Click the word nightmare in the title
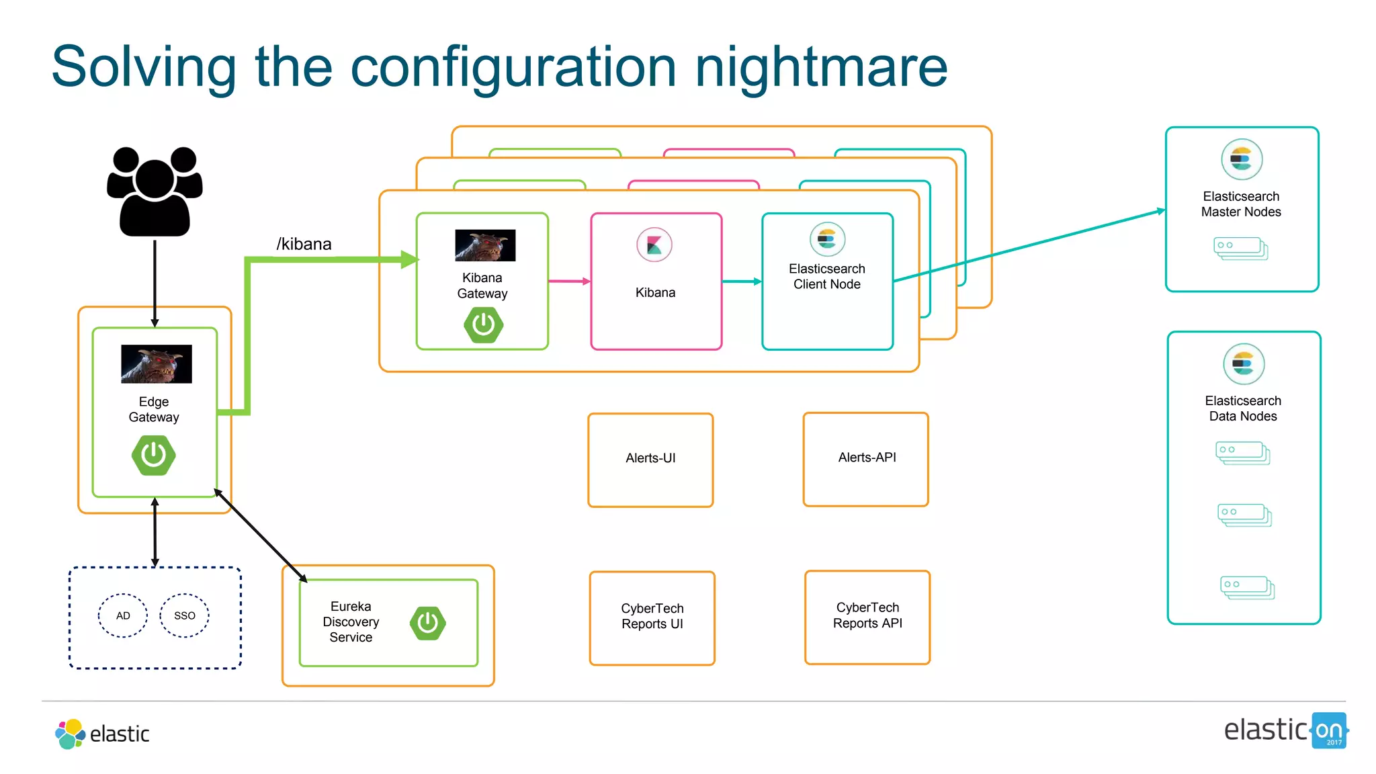click(820, 67)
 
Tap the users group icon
click(155, 191)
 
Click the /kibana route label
click(304, 244)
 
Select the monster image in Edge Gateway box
click(156, 363)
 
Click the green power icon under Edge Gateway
click(154, 455)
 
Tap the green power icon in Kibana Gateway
click(483, 325)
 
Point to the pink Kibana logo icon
click(654, 245)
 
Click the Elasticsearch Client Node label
click(827, 276)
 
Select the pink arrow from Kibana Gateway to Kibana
click(569, 282)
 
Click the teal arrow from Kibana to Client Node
click(742, 282)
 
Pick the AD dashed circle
click(123, 615)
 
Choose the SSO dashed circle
click(185, 615)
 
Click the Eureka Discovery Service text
click(351, 621)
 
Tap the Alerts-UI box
click(650, 460)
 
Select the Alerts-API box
click(866, 459)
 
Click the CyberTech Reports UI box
click(652, 617)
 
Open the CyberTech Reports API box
click(867, 617)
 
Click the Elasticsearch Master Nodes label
click(1241, 204)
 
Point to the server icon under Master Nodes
click(1241, 248)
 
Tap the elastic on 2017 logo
click(1286, 730)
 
